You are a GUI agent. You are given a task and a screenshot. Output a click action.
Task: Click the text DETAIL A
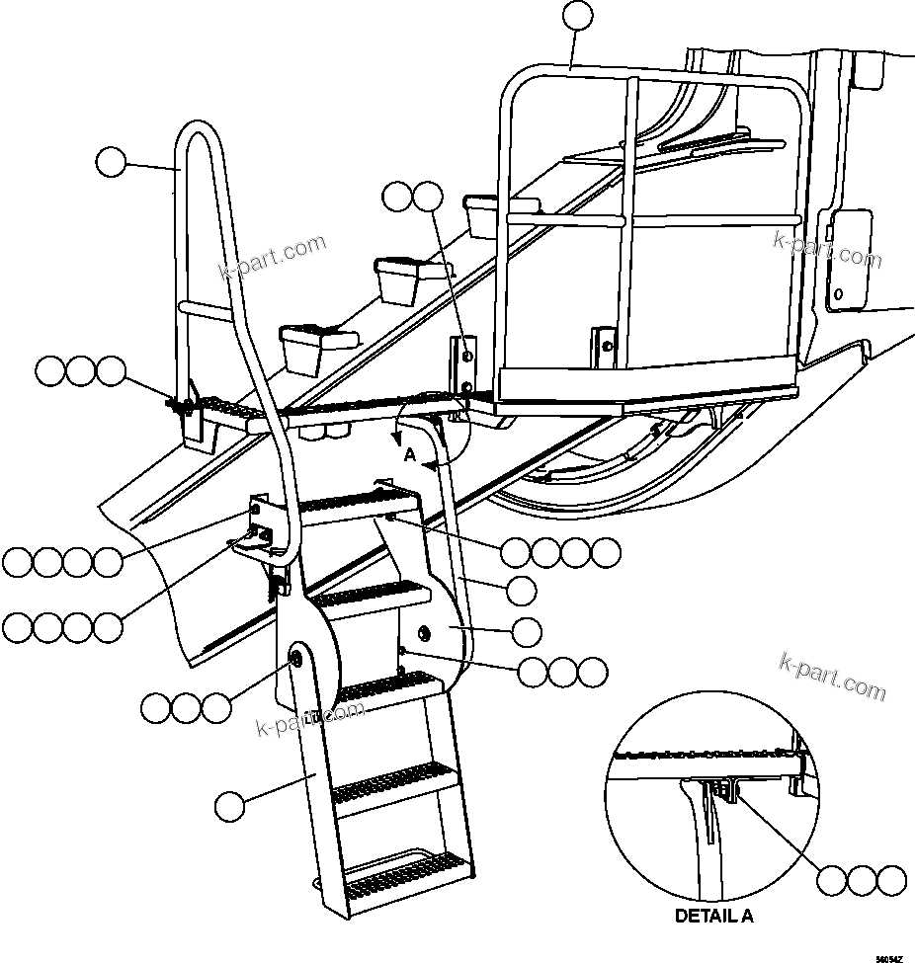click(713, 916)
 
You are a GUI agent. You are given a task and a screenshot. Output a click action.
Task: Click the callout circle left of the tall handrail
click(112, 161)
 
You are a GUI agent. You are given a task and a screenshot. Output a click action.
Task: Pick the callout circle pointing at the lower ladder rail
click(229, 805)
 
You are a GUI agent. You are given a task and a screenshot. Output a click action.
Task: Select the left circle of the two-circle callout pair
click(399, 197)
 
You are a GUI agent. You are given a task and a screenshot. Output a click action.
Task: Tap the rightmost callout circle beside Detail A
click(891, 879)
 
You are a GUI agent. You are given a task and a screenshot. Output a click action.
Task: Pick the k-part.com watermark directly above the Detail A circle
click(832, 675)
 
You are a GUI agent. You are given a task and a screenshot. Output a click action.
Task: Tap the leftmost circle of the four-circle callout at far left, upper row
click(19, 563)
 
